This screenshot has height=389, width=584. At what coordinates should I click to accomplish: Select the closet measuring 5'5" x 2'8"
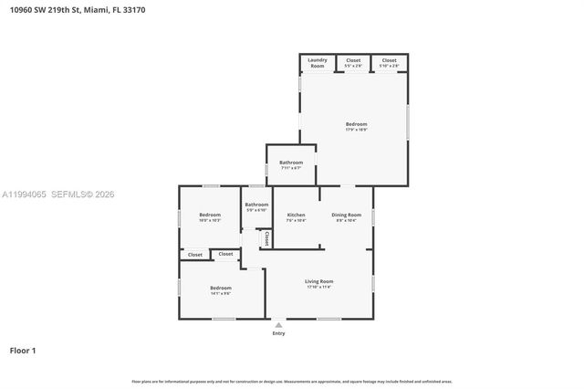[x=353, y=62]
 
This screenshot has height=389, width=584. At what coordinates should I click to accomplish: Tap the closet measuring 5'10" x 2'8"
[x=390, y=62]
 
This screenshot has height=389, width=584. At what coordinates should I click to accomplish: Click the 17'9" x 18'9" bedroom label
[x=356, y=126]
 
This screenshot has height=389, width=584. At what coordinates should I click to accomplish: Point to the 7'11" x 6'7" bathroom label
[x=291, y=164]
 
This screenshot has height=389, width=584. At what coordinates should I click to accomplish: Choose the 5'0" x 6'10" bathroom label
[x=256, y=206]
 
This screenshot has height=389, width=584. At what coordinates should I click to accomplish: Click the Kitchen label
[x=297, y=216]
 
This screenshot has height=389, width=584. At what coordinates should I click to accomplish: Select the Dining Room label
[x=347, y=216]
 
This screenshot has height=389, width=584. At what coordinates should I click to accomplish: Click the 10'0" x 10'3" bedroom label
[x=210, y=216]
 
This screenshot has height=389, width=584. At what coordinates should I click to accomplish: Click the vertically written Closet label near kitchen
[x=266, y=237]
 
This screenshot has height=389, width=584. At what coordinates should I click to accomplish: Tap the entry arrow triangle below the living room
[x=278, y=324]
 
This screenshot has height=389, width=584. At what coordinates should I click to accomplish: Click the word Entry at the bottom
[x=278, y=333]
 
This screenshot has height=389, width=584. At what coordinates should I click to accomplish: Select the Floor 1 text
[x=23, y=351]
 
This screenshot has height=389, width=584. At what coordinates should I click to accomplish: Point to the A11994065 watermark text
[x=26, y=194]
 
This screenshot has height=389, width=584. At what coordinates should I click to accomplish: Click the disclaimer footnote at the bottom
[x=292, y=381]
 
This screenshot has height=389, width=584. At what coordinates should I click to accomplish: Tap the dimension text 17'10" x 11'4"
[x=319, y=287]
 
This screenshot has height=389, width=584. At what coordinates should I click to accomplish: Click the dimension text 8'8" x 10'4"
[x=347, y=220]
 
